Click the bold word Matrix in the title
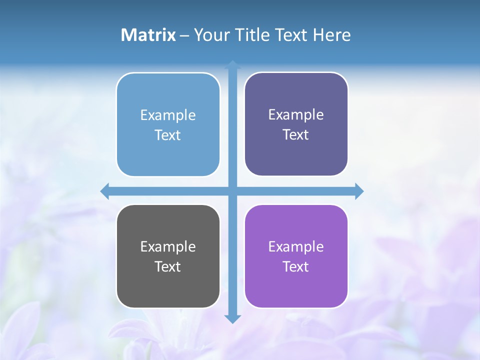point(148,35)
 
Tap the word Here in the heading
point(331,35)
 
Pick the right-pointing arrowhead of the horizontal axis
point(359,191)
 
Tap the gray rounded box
point(168,285)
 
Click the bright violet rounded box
point(296,285)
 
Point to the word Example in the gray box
point(168,246)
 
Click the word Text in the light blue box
point(168,135)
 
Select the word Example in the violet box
point(296,246)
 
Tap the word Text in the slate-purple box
point(296,134)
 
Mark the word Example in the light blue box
point(168,115)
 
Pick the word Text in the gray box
point(168,266)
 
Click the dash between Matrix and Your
point(185,35)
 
